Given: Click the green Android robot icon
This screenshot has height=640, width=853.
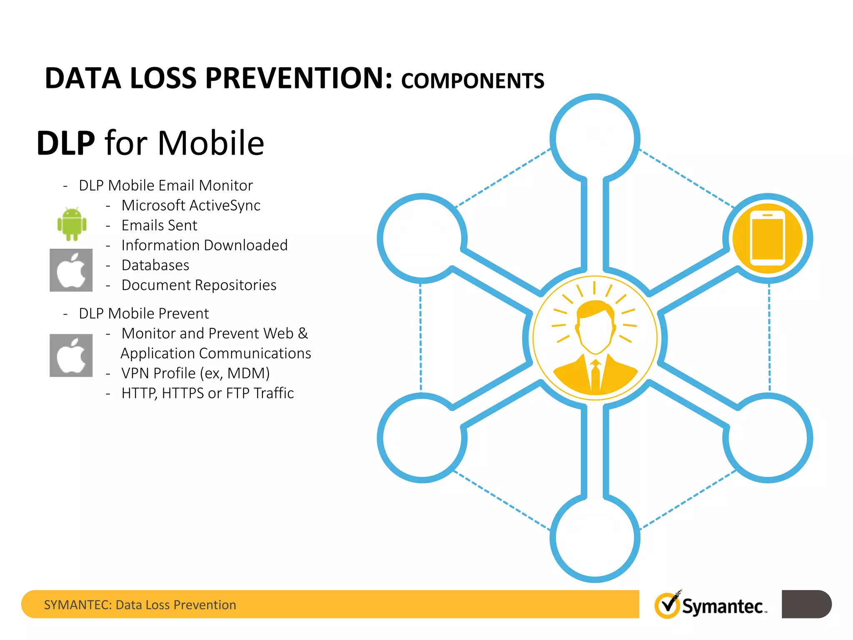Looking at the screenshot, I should pyautogui.click(x=72, y=224).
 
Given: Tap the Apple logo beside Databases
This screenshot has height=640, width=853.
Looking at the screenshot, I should pyautogui.click(x=71, y=270).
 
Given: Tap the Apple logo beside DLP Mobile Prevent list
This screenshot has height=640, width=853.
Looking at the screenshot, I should pyautogui.click(x=71, y=355).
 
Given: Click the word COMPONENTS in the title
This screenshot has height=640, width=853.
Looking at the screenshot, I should pyautogui.click(x=472, y=81).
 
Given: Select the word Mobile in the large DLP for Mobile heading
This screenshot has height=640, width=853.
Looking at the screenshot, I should pyautogui.click(x=210, y=143).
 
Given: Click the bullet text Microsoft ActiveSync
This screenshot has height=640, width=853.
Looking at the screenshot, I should pyautogui.click(x=191, y=205).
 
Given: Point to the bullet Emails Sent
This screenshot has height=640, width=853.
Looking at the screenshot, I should pyautogui.click(x=159, y=225).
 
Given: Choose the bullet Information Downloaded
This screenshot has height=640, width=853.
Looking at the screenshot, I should pyautogui.click(x=204, y=245).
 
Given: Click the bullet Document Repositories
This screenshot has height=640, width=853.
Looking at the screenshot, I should pyautogui.click(x=199, y=285).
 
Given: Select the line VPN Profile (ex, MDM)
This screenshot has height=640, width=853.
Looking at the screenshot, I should pyautogui.click(x=195, y=373).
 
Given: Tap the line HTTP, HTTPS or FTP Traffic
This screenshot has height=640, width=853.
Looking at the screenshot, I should pyautogui.click(x=207, y=393).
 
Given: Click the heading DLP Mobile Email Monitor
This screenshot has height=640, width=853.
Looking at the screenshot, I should pyautogui.click(x=166, y=185).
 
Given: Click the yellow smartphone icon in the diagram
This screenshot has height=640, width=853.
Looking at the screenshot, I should pyautogui.click(x=767, y=238).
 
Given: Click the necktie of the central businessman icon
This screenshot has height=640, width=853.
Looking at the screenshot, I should pyautogui.click(x=595, y=375).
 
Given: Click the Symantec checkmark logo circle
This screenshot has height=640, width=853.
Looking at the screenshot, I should pyautogui.click(x=667, y=605).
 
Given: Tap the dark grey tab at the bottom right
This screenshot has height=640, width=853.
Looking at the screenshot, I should pyautogui.click(x=806, y=604).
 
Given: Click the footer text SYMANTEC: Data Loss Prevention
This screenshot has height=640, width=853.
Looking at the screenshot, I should pyautogui.click(x=140, y=605).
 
